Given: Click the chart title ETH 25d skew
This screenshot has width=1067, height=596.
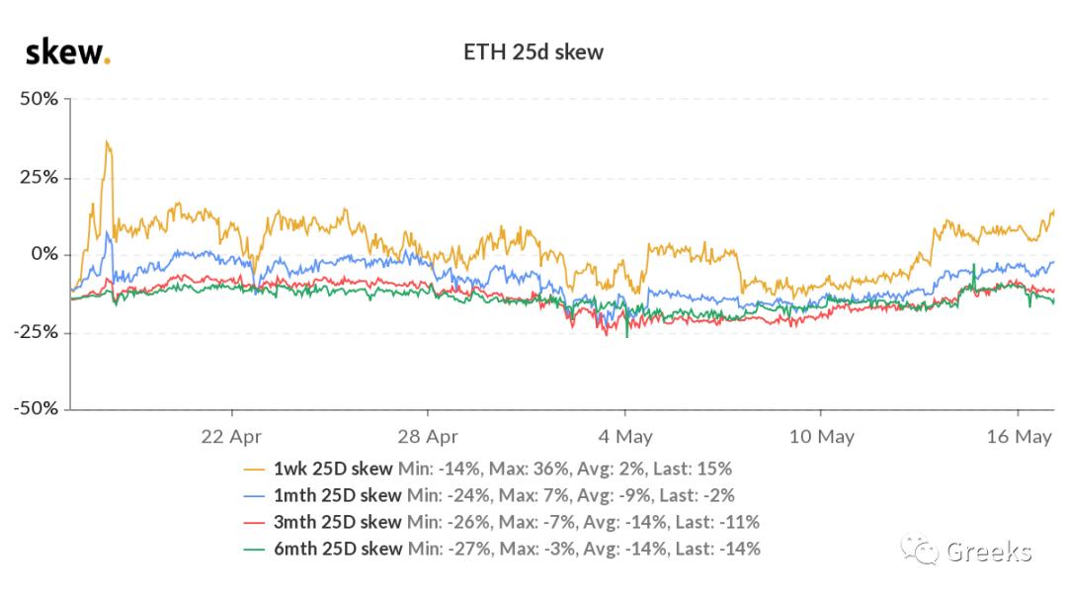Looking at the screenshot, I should click(533, 52).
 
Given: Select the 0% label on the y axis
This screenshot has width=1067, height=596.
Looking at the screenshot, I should click(44, 254).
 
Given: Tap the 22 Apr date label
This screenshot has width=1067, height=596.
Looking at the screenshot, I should click(231, 436).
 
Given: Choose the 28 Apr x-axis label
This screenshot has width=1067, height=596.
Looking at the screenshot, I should click(428, 436).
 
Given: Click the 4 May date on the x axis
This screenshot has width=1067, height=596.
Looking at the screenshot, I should click(624, 436).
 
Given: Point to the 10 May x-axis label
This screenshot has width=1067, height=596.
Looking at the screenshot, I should click(822, 436).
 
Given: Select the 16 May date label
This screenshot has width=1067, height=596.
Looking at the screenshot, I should click(1019, 436).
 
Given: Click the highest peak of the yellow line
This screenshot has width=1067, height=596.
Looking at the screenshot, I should click(107, 142).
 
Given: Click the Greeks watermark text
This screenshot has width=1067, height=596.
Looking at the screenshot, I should click(989, 552).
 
